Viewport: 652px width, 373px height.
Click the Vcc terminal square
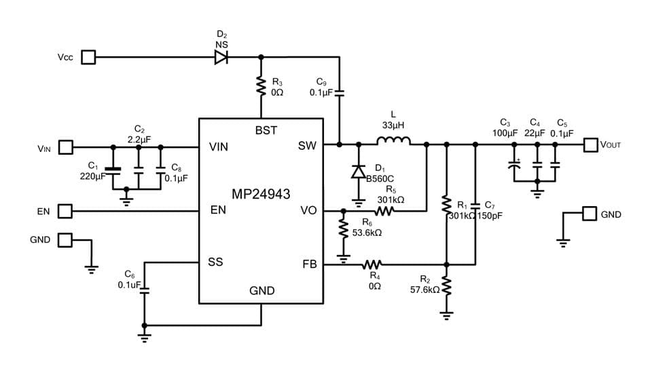click(x=88, y=57)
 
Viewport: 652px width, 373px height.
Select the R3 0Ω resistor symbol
click(x=259, y=85)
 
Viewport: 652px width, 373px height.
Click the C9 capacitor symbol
click(x=339, y=92)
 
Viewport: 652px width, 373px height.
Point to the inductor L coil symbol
click(x=393, y=141)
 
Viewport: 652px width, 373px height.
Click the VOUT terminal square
click(x=591, y=144)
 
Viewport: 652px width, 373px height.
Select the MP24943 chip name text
click(x=261, y=195)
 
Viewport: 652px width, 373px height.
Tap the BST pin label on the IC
click(x=266, y=130)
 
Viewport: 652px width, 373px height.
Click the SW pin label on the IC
click(x=307, y=145)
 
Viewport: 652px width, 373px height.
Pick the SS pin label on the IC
click(x=215, y=262)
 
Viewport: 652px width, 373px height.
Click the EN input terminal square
click(x=65, y=212)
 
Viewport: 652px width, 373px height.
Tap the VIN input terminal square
click(x=66, y=146)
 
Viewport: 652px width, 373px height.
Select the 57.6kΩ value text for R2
click(x=425, y=289)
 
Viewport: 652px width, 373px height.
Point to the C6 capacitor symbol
click(x=143, y=288)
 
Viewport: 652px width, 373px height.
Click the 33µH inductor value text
click(x=393, y=125)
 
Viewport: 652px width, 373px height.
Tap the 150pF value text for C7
click(x=489, y=216)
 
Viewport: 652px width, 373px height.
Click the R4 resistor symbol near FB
click(x=372, y=264)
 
